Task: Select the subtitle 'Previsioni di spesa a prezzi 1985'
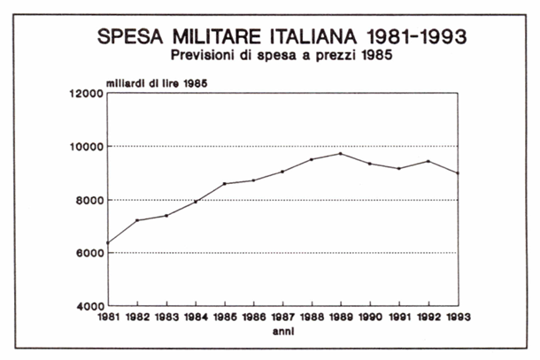tap(282, 56)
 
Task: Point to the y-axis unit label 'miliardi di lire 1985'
tap(158, 83)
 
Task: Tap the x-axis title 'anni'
tap(284, 333)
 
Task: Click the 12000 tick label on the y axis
tap(86, 94)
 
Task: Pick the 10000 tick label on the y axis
tap(86, 147)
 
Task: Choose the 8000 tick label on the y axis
tap(89, 200)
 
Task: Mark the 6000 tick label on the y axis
tap(89, 253)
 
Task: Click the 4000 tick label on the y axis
tap(89, 306)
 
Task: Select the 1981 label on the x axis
tap(107, 318)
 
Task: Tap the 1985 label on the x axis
tap(225, 318)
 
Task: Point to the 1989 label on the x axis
tap(343, 318)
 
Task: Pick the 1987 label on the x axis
tap(283, 318)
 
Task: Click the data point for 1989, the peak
tap(342, 153)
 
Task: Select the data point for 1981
tap(107, 243)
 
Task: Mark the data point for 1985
tap(225, 184)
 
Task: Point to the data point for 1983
tap(166, 215)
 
